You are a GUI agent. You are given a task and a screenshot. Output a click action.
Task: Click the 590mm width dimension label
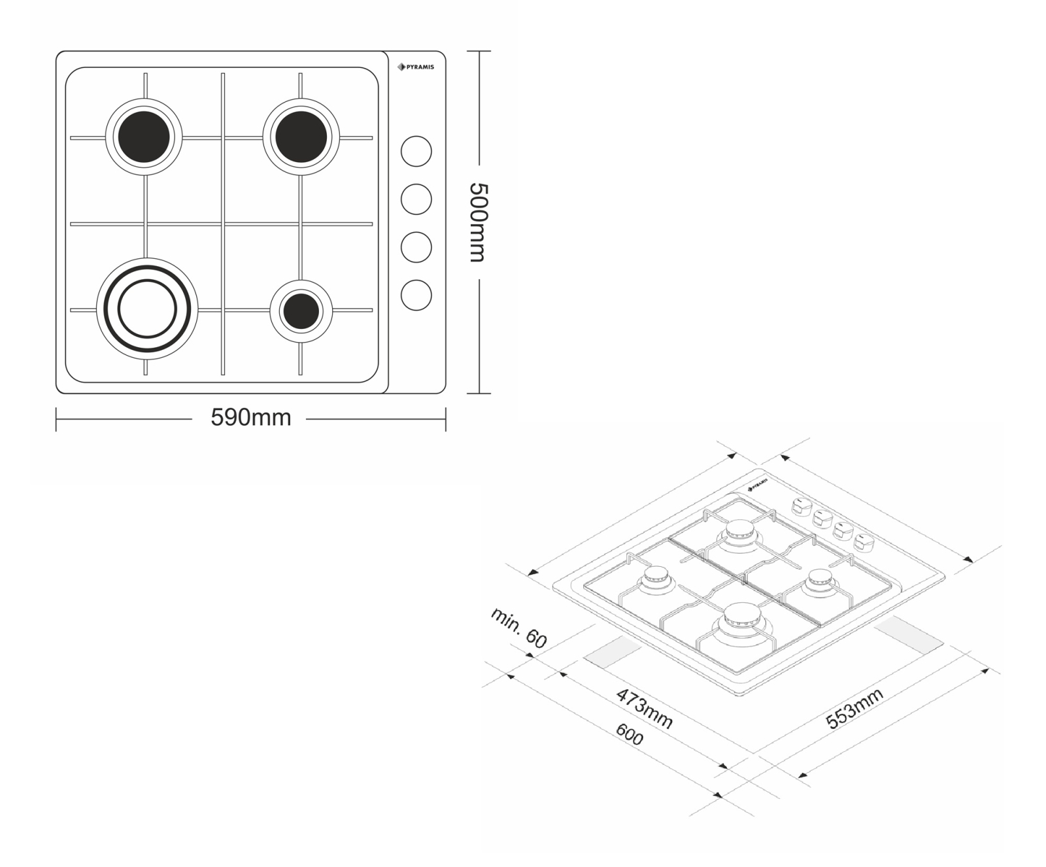click(250, 417)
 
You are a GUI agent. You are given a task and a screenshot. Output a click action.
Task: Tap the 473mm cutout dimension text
click(644, 708)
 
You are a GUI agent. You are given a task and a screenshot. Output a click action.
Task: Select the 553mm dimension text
click(854, 708)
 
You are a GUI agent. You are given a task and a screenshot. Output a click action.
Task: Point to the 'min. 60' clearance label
click(518, 628)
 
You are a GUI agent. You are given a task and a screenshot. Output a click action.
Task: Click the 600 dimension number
click(630, 736)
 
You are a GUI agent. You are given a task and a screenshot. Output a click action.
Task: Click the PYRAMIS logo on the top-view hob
click(416, 67)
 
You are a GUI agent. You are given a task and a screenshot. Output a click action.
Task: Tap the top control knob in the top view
click(416, 152)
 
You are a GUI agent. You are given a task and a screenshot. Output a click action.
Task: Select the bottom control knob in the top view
click(416, 295)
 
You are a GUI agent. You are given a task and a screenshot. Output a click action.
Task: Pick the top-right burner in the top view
click(301, 137)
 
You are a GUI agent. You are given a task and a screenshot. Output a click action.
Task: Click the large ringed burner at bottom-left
click(146, 309)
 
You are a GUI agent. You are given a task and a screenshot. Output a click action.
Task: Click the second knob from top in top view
click(416, 199)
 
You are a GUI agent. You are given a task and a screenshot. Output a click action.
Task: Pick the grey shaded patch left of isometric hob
click(613, 653)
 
